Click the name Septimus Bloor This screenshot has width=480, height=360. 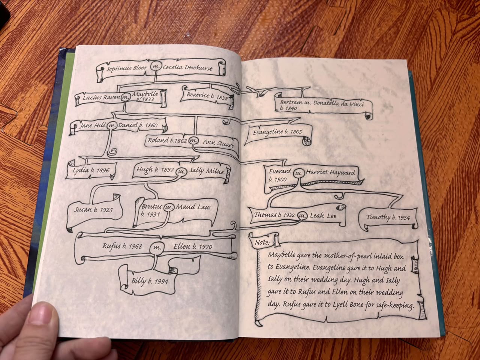click(127, 68)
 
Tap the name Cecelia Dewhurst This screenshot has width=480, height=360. click(187, 68)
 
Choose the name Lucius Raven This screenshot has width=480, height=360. click(102, 97)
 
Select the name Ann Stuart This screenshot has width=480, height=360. click(218, 143)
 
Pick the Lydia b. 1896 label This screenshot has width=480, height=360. click(91, 170)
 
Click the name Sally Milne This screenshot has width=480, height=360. click(206, 171)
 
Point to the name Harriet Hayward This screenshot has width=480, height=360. click(330, 172)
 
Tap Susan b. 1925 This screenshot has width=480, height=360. click(93, 210)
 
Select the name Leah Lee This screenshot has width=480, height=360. click(323, 216)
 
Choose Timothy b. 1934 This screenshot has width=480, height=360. click(388, 217)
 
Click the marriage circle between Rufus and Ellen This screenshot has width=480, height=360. click(157, 247)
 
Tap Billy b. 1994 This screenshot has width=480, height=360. click(150, 281)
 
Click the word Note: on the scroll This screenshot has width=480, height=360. click(262, 242)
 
